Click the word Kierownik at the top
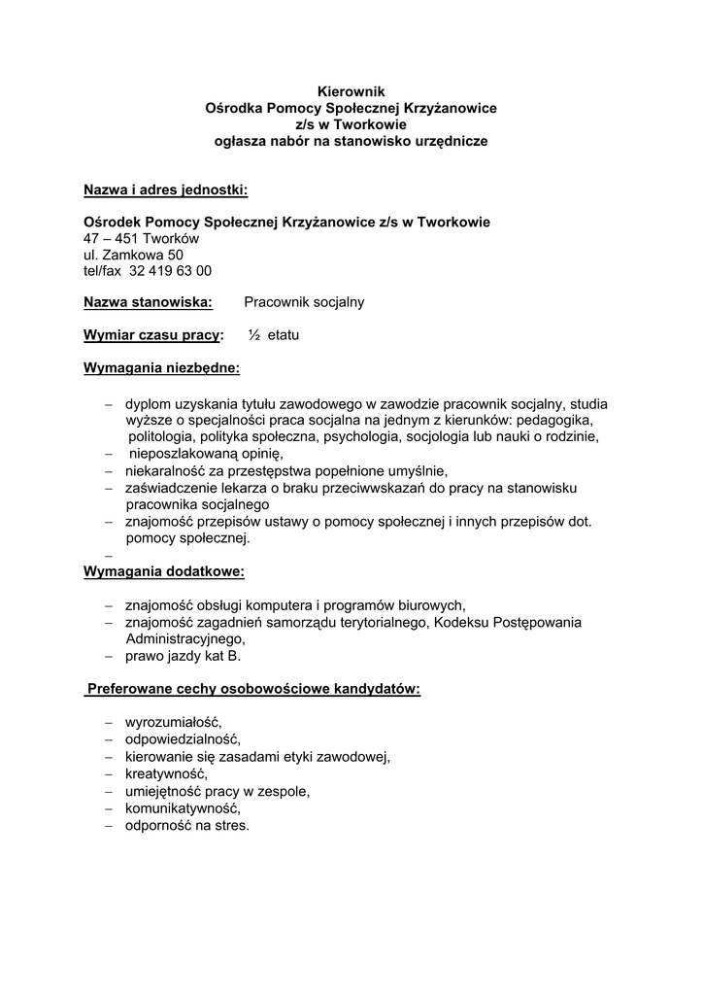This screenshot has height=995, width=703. tap(351, 90)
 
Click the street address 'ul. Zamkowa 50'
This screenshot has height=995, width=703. tap(133, 255)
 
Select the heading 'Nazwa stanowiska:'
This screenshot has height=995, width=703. tap(148, 302)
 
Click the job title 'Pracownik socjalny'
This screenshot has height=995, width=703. tap(304, 302)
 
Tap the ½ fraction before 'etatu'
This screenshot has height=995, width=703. tap(254, 335)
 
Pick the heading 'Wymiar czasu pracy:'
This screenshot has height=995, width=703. tap(153, 335)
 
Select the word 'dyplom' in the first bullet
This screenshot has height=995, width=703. tap(147, 403)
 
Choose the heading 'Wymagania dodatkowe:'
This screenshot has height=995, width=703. tap(164, 570)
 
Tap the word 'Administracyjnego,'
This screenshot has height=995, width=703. tap(185, 639)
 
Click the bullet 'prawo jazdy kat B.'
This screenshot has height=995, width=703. tap(183, 656)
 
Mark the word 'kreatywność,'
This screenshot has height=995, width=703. tap(166, 774)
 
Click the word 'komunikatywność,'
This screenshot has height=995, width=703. tap(183, 808)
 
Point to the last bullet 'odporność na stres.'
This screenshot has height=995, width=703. tap(187, 826)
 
